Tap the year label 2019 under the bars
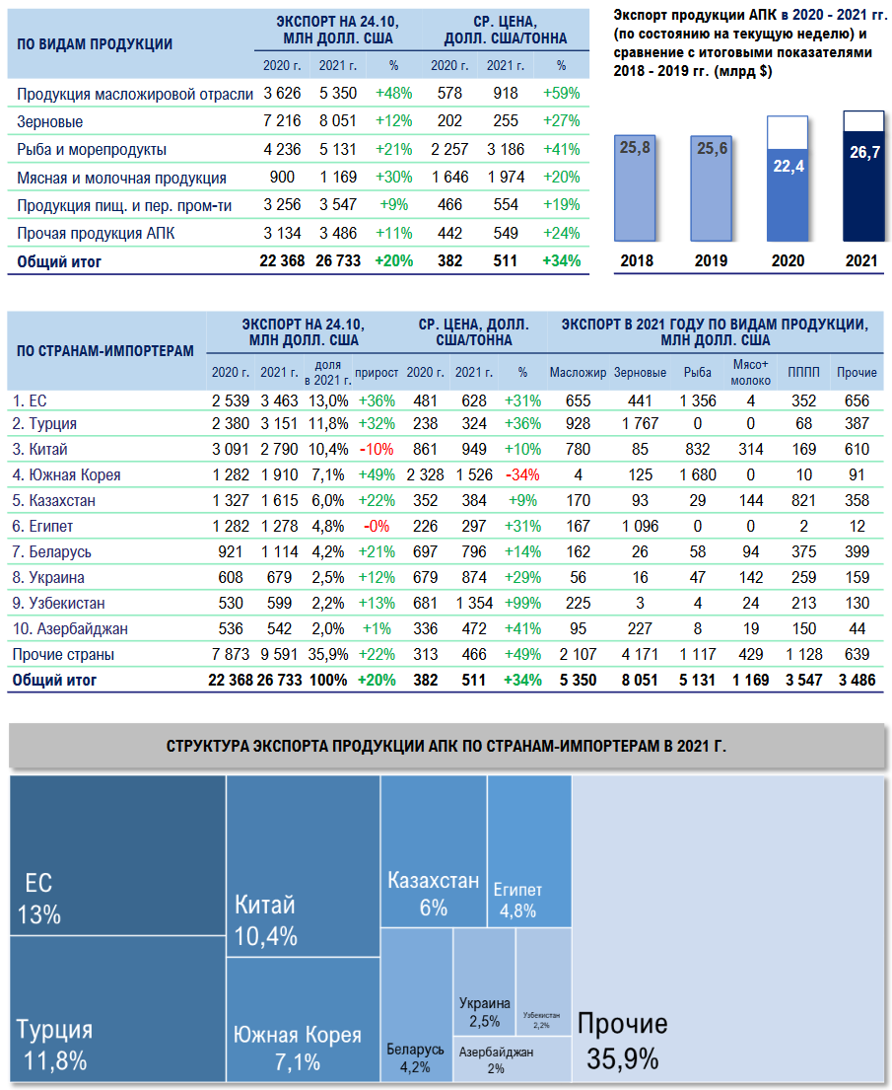coord(711,261)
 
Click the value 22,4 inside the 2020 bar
coord(788,167)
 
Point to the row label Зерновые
coord(50,122)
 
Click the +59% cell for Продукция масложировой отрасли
coord(561,94)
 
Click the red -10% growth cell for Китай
coord(377,450)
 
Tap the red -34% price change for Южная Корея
coord(521,475)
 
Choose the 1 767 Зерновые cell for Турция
coord(641,424)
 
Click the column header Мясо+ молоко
coord(751,372)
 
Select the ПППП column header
coord(802,373)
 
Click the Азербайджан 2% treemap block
coord(497,1058)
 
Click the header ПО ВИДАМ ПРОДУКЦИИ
coord(96,44)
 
